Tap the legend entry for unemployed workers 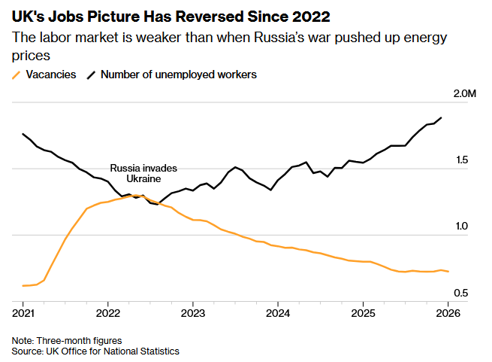coord(172,75)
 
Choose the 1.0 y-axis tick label coord(460,227)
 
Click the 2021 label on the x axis coord(23,312)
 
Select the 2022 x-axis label coord(108,312)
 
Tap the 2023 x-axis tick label coord(193,312)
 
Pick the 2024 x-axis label coord(278,312)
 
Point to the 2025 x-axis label coord(363,312)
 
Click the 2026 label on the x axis coord(448,312)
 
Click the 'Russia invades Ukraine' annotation coord(143,174)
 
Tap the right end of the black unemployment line coord(441,118)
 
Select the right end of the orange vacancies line coord(448,272)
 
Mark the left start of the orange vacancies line coord(23,286)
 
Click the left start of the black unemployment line coord(23,134)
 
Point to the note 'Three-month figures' coord(67,341)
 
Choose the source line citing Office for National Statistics coord(95,351)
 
